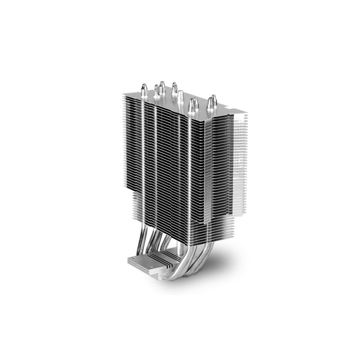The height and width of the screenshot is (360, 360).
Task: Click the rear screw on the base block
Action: [135, 260]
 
